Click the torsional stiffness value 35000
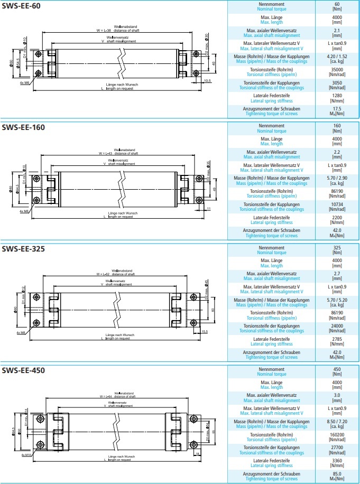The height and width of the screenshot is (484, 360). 337,69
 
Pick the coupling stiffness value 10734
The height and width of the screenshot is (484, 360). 337,204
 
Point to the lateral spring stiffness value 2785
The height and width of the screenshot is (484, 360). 337,339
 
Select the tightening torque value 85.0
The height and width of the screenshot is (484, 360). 337,473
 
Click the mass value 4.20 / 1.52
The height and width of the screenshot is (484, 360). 337,56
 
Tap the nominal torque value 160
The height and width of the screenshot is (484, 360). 337,126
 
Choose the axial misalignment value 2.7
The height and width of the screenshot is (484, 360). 337,274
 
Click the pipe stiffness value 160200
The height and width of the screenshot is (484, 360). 337,435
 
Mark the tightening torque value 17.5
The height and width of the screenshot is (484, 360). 337,108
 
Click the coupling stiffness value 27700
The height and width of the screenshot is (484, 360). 337,448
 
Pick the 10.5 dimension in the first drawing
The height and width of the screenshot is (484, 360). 207,81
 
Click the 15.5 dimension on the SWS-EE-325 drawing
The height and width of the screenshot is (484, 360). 205,331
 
